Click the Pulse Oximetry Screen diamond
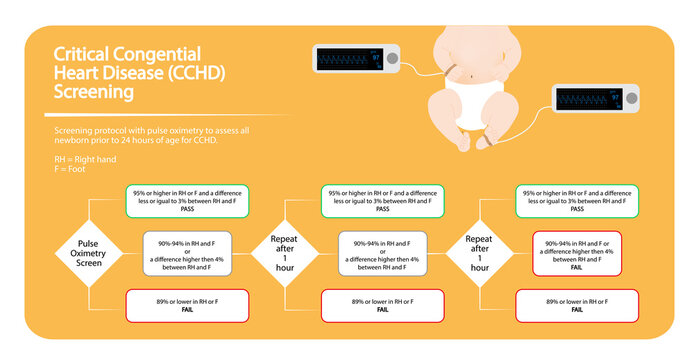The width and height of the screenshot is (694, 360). [x=89, y=252]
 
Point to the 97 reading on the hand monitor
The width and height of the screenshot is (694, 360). [x=377, y=58]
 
